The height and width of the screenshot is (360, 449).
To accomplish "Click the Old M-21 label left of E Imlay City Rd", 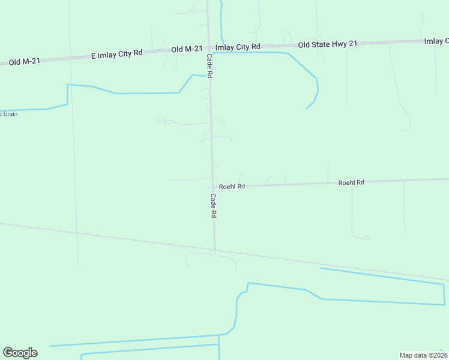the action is click(24, 61).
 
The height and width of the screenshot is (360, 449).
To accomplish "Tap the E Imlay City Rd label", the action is click(116, 53).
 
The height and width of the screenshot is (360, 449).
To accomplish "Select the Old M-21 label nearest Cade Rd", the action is click(186, 49).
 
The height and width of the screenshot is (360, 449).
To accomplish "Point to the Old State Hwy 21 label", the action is click(328, 44).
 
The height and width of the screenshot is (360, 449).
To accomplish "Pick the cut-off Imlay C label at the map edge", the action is click(436, 41).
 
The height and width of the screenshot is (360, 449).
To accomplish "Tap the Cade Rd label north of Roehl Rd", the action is click(210, 66).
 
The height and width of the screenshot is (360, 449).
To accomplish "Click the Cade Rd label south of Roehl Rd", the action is click(213, 205).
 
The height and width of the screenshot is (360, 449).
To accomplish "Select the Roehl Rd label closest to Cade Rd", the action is click(232, 187).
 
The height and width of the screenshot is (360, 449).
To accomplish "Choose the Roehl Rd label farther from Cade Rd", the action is click(351, 182).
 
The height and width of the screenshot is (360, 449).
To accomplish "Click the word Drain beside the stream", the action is click(10, 114).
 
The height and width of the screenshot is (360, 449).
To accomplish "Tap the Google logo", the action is click(20, 353).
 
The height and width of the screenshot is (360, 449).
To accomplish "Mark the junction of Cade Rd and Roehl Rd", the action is click(213, 186).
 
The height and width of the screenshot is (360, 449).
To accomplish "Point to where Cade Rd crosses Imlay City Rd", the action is click(209, 47).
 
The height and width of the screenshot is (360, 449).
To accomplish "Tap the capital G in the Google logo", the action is click(8, 353).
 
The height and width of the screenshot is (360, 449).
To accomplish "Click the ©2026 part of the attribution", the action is click(436, 355).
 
